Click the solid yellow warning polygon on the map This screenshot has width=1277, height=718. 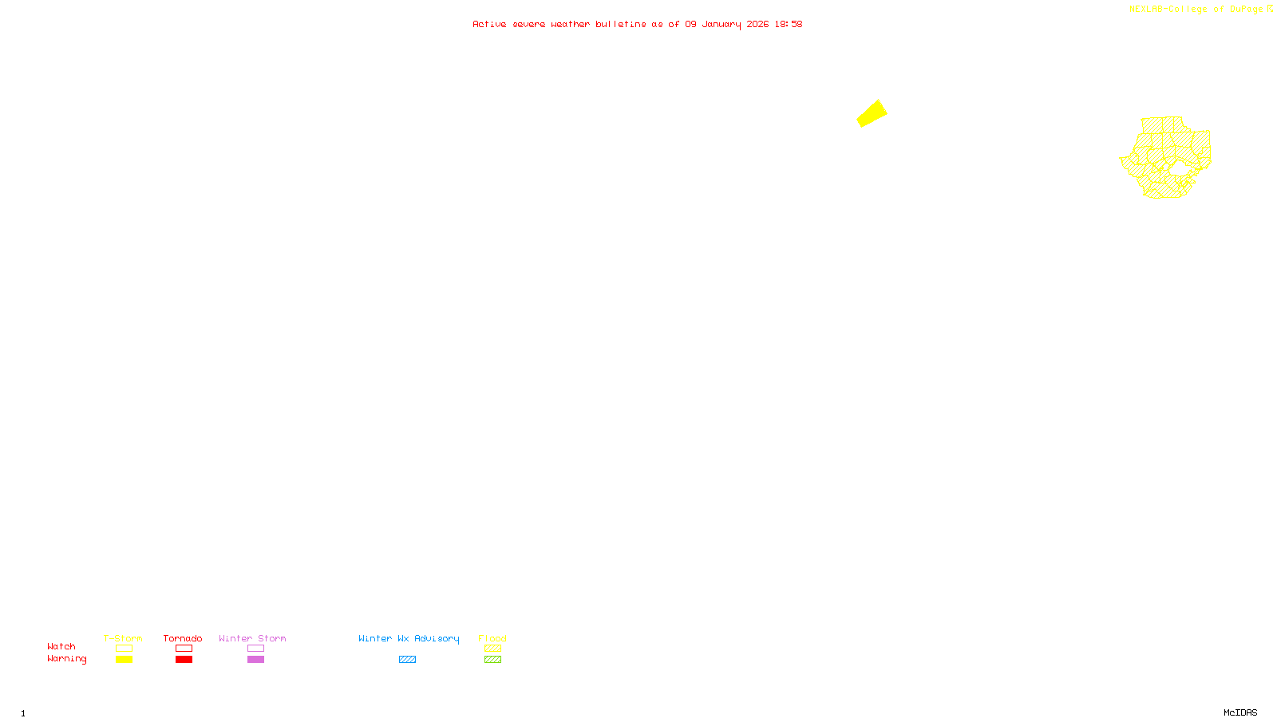[x=872, y=113]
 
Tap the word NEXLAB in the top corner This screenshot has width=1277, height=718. [x=1145, y=10]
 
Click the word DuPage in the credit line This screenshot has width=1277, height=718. [x=1246, y=10]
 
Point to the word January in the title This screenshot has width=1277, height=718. [x=721, y=25]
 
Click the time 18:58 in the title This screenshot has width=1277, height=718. [x=788, y=25]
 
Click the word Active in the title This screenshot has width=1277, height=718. [x=488, y=25]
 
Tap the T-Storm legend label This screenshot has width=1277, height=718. [x=123, y=638]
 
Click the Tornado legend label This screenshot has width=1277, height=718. [x=183, y=638]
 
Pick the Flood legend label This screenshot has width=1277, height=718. [x=492, y=638]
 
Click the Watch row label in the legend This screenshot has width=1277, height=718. [x=61, y=647]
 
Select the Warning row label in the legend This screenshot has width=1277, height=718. [x=66, y=659]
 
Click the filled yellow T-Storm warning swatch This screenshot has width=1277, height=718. [x=124, y=660]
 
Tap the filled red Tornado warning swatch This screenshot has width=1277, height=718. [x=184, y=660]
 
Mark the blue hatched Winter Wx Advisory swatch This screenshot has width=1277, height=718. [x=407, y=660]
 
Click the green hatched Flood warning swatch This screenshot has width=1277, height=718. [x=492, y=660]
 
